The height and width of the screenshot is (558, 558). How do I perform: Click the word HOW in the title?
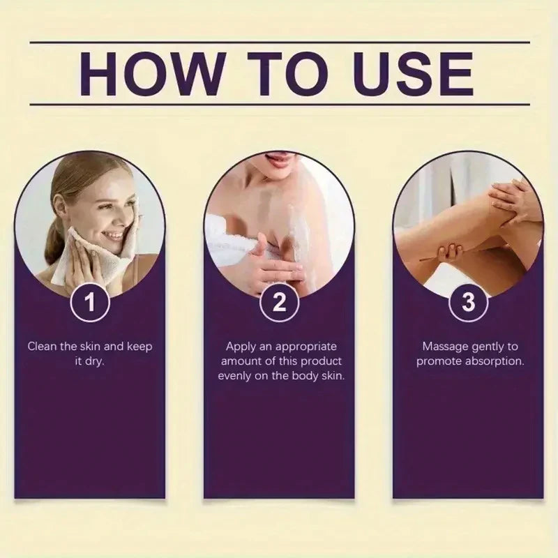coord(152,74)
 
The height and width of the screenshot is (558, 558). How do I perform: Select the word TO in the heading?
coord(287,74)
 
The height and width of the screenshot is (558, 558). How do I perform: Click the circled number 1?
coord(90,302)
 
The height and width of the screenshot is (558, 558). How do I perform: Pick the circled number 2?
coord(279,302)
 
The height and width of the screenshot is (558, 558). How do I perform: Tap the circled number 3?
coord(468,302)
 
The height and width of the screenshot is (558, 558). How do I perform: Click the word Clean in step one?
coord(43,346)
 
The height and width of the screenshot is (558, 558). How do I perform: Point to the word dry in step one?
coord(94,362)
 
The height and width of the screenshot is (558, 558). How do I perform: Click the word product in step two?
coord(322,361)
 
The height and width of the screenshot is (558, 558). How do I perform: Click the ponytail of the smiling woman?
coord(54,245)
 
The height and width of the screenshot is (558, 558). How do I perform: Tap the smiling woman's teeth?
coord(114,236)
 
